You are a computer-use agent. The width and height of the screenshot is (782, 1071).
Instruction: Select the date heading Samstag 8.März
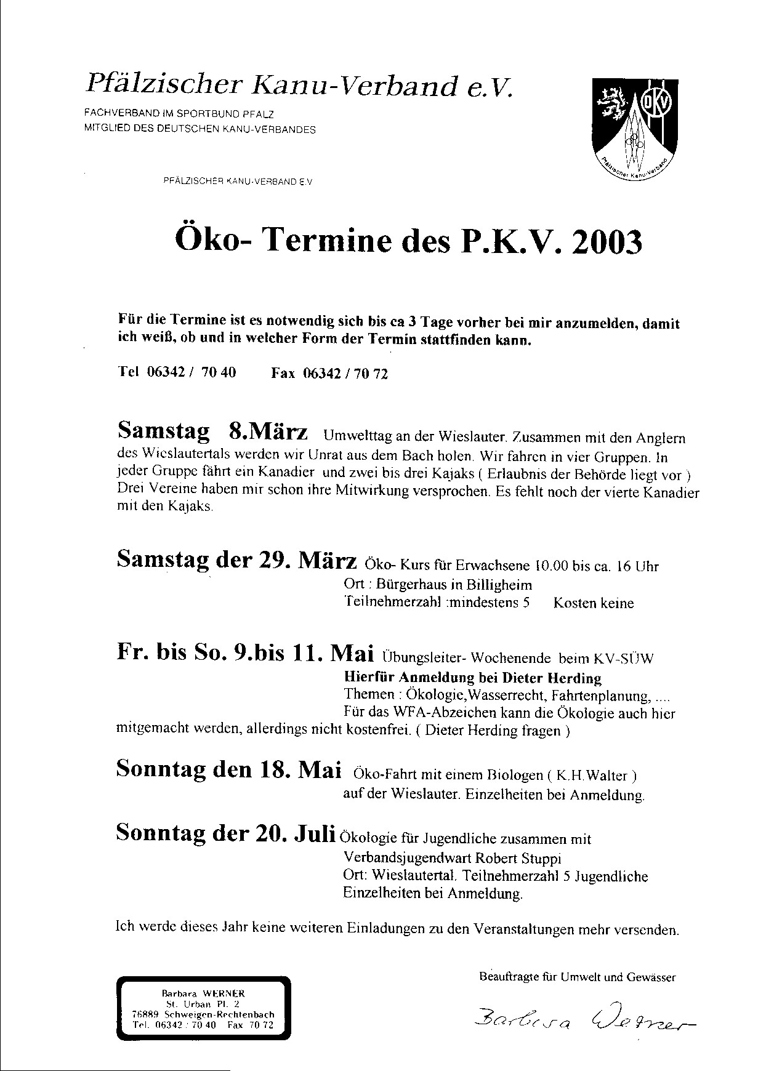(x=212, y=431)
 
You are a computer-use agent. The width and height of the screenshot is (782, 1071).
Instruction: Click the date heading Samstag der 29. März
(x=236, y=561)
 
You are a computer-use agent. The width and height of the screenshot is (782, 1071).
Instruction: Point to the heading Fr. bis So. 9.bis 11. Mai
(x=246, y=654)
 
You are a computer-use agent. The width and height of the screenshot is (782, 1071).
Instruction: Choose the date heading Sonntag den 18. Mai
(x=228, y=770)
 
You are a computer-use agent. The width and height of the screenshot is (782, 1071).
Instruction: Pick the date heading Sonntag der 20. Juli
(x=226, y=834)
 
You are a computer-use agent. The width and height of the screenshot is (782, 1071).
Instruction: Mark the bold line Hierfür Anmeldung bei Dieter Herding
(x=472, y=678)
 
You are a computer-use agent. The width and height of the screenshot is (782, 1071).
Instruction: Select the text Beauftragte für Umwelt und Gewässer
(x=577, y=977)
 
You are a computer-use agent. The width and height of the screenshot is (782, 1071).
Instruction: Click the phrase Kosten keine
(x=593, y=603)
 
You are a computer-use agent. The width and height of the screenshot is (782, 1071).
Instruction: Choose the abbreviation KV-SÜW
(x=624, y=658)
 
